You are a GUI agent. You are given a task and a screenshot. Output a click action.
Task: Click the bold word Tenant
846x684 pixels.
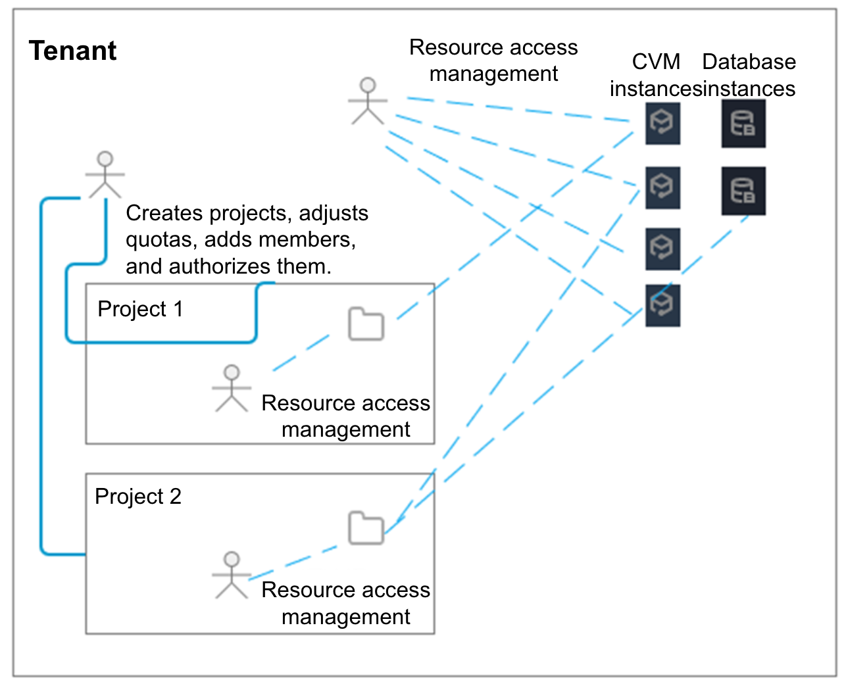(x=72, y=51)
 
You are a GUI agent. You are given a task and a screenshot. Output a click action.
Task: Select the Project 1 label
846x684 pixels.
(x=140, y=309)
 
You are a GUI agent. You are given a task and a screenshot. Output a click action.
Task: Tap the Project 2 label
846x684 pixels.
(x=138, y=497)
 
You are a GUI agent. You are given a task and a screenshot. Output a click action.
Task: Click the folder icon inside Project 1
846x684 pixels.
(x=366, y=324)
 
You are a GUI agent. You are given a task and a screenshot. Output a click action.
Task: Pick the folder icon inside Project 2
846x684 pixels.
(x=366, y=527)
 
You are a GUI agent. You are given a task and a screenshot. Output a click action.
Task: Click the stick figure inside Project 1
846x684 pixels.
(x=232, y=388)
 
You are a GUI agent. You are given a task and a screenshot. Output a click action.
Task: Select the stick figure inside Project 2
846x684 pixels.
(x=232, y=575)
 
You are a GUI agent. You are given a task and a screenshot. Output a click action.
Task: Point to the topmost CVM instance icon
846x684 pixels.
(x=662, y=124)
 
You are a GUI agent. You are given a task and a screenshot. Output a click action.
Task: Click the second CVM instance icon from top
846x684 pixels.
(x=662, y=188)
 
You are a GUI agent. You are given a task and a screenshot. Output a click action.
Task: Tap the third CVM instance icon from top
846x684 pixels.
(x=662, y=249)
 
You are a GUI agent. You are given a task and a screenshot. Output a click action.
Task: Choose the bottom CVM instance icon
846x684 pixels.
(x=662, y=306)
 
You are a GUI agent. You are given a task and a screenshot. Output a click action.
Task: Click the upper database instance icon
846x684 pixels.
(x=743, y=124)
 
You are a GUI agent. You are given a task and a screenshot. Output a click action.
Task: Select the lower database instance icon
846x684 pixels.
(x=743, y=191)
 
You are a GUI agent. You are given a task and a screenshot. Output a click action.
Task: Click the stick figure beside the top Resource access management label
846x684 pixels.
(x=368, y=101)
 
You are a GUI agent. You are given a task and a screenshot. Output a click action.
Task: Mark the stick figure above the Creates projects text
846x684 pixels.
(x=105, y=175)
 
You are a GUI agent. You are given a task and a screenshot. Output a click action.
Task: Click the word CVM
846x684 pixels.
(x=656, y=62)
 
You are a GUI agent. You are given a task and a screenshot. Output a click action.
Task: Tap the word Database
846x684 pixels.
(x=749, y=62)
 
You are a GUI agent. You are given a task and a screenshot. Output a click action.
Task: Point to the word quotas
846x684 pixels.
(x=161, y=240)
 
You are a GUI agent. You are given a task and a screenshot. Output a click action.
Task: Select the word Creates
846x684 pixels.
(x=164, y=213)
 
